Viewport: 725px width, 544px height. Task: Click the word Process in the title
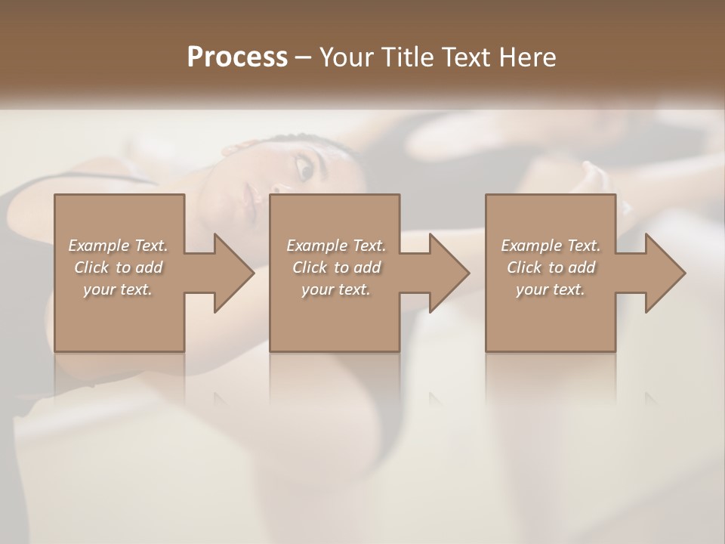[237, 57]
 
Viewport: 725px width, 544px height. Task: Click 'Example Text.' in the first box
[118, 246]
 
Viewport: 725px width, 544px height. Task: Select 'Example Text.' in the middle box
[336, 246]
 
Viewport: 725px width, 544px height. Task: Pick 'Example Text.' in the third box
[551, 246]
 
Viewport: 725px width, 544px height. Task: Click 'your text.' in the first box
[118, 289]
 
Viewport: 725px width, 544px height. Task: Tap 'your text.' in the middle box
[336, 289]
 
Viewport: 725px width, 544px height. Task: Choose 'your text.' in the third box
[551, 289]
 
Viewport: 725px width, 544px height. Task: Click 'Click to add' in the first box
[118, 267]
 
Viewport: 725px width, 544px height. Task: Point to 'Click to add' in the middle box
[336, 267]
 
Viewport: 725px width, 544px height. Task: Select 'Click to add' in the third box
[551, 267]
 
